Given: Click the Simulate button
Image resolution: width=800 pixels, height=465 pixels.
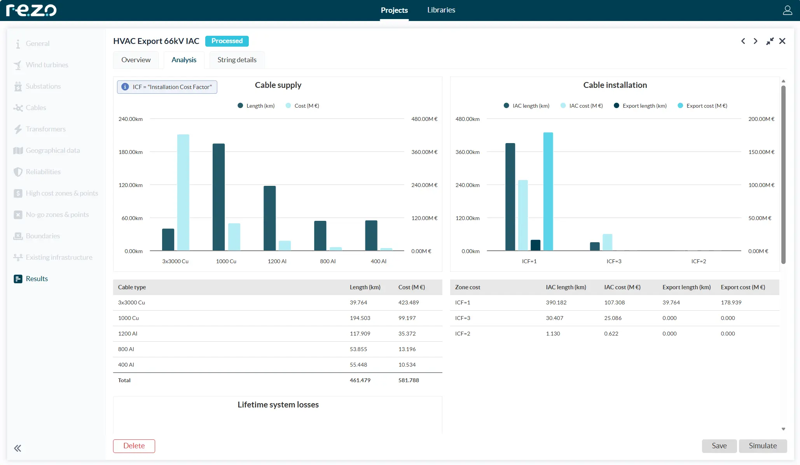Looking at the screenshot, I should (762, 446).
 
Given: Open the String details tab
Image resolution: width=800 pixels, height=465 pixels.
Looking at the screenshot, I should (237, 60).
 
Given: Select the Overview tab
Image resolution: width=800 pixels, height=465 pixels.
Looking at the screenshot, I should (136, 60).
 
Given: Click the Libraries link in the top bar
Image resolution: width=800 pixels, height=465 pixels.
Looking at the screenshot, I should (441, 10).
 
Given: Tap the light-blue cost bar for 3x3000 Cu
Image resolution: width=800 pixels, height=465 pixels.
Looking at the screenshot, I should (183, 192).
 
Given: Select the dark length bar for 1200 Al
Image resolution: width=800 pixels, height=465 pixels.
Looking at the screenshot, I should (269, 218).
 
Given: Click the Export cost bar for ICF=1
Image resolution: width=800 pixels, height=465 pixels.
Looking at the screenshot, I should (548, 191).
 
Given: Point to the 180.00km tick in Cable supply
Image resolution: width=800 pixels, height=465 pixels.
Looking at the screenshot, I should (131, 152).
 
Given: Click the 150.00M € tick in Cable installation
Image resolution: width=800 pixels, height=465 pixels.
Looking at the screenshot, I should (761, 152).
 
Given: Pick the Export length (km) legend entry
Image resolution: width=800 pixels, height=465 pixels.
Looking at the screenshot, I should (644, 106).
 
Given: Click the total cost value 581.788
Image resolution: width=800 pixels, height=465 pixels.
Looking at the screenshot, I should (408, 380).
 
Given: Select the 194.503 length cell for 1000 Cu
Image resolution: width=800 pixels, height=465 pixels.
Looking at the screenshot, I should (360, 318).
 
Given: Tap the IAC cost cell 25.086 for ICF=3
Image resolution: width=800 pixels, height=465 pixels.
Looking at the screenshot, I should (613, 318).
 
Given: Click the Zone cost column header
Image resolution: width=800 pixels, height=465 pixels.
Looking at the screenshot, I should (467, 287).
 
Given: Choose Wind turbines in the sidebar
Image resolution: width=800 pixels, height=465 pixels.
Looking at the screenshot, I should (47, 65).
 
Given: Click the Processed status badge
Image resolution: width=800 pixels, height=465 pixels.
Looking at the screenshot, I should (227, 41).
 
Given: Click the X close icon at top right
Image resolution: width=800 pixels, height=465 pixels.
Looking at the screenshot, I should (782, 41).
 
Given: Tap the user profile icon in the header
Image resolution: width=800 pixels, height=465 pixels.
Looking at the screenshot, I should (787, 10).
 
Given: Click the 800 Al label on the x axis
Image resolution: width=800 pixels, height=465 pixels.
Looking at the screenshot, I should (327, 261).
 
